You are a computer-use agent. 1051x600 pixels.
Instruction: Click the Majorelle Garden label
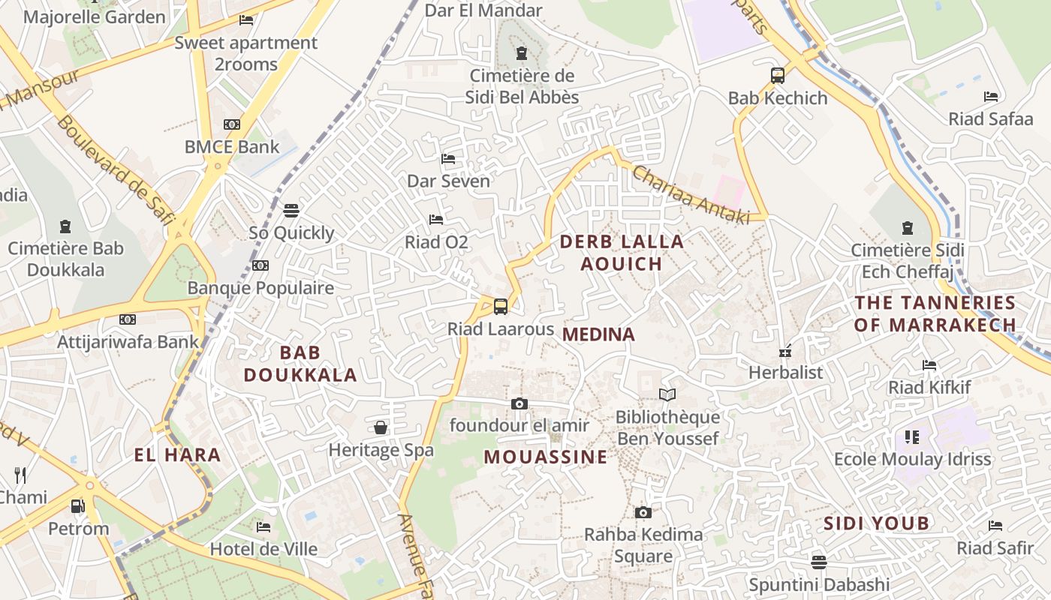tap(95, 16)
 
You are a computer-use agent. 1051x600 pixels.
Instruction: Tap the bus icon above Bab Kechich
tap(778, 75)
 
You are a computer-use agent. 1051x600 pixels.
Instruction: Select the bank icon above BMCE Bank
tap(232, 124)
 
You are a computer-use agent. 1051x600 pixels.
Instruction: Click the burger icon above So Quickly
tap(291, 210)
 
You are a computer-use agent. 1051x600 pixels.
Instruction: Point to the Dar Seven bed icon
tap(448, 159)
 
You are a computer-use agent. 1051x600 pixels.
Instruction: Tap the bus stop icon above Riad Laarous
tap(501, 306)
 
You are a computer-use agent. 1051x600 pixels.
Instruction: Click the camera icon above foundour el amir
tap(519, 403)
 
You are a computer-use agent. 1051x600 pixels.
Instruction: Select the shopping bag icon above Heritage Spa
tap(381, 427)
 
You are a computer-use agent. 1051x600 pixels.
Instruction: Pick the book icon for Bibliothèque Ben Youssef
tap(667, 394)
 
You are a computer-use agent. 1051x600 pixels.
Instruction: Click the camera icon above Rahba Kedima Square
tap(643, 512)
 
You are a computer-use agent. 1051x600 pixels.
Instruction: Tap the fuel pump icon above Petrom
tap(78, 506)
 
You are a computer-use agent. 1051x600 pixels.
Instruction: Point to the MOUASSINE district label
tap(546, 457)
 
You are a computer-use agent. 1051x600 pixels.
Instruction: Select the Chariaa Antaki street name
tap(691, 193)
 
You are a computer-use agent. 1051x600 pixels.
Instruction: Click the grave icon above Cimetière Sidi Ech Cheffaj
tap(908, 227)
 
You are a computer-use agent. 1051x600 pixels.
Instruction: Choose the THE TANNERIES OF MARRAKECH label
tap(935, 313)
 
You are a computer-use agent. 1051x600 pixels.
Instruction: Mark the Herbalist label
tap(786, 372)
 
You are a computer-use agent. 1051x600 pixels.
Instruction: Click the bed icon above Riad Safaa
tap(991, 97)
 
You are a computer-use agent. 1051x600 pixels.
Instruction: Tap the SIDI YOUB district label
tap(877, 523)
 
